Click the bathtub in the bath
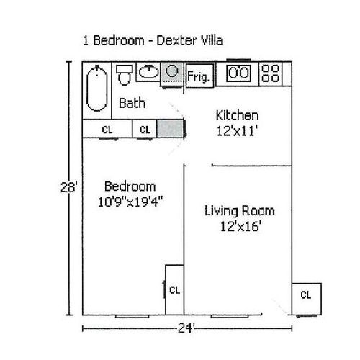(x=96, y=89)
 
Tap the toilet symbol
(x=125, y=75)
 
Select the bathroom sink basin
(x=149, y=71)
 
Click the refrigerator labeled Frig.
(x=199, y=76)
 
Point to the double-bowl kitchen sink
(x=238, y=73)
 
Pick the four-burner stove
(x=270, y=73)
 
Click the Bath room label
(x=132, y=103)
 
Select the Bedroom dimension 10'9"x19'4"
(x=130, y=202)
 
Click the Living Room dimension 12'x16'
(x=240, y=226)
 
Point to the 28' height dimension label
(x=69, y=187)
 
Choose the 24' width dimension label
(x=186, y=328)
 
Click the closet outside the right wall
(x=307, y=299)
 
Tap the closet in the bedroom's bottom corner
(x=174, y=289)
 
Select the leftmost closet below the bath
(x=107, y=129)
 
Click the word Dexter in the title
(x=176, y=40)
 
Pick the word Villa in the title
(x=212, y=40)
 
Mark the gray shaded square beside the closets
(x=170, y=128)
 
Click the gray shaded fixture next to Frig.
(x=172, y=73)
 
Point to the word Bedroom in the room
(x=130, y=186)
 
